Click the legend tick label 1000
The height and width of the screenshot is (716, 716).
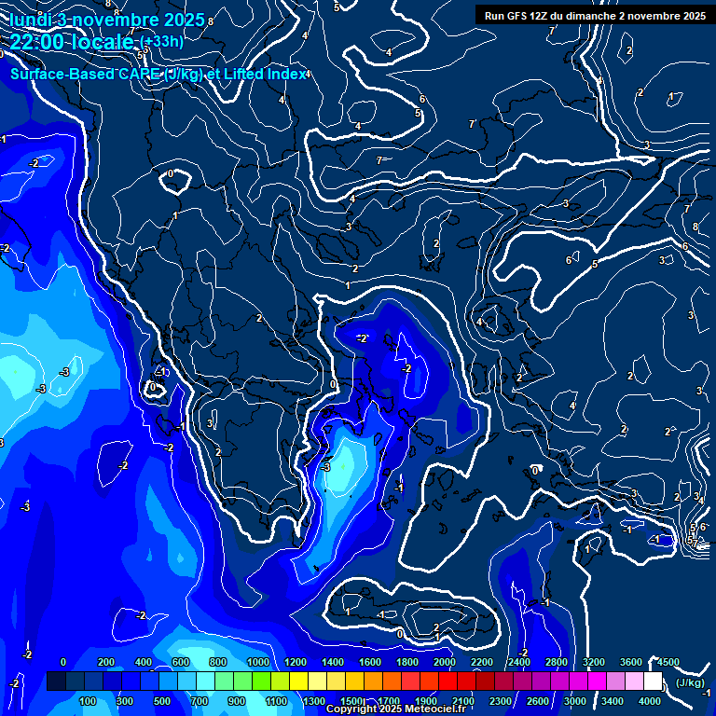[x=258, y=662]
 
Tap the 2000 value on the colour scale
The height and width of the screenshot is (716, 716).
[x=445, y=662]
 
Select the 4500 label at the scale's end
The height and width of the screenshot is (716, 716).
[x=667, y=662]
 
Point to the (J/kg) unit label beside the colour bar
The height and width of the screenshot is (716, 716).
[x=691, y=682]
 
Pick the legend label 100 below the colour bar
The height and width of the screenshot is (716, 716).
[x=89, y=701]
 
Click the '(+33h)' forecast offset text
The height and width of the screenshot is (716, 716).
[x=160, y=42]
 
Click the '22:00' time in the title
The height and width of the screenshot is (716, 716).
[x=37, y=42]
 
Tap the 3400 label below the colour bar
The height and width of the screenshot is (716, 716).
[x=613, y=701]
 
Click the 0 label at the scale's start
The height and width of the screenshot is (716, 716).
[x=63, y=662]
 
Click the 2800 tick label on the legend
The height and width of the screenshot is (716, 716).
[x=557, y=662]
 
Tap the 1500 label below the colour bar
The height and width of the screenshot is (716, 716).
[x=351, y=701]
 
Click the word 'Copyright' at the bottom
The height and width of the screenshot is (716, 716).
[x=351, y=709]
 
